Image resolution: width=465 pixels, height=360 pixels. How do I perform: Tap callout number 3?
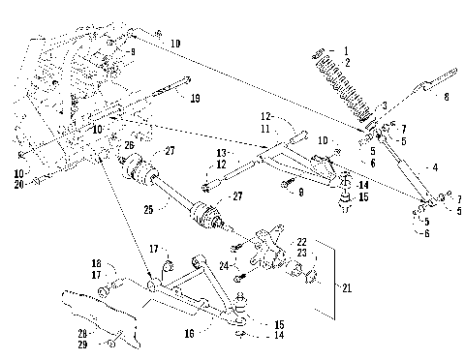pyautogui.click(x=385, y=105)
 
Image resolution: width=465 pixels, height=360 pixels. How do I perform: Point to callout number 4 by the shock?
pyautogui.click(x=434, y=167)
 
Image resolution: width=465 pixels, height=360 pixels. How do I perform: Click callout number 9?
pyautogui.click(x=133, y=51)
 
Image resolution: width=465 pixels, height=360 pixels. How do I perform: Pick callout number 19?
pyautogui.click(x=195, y=98)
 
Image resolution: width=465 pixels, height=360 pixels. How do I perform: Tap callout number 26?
pyautogui.click(x=129, y=146)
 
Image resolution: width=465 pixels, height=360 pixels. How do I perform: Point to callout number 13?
pyautogui.click(x=222, y=154)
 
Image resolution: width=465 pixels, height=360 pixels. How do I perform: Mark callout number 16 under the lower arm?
pyautogui.click(x=189, y=332)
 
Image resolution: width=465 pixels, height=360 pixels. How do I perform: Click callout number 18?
pyautogui.click(x=96, y=263)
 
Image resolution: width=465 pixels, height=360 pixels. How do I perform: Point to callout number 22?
pyautogui.click(x=302, y=241)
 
